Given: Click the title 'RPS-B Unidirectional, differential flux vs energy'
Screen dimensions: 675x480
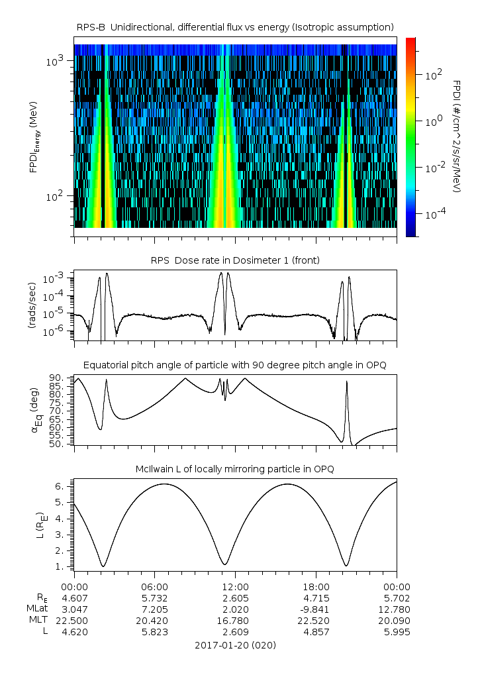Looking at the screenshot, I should click(235, 26).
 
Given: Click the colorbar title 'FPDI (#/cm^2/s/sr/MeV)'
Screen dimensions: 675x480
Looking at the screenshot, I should click(457, 136).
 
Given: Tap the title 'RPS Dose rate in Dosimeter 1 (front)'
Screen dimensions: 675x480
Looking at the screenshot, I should click(235, 260).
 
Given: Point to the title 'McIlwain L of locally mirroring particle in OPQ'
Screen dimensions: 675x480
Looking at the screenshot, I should click(235, 469).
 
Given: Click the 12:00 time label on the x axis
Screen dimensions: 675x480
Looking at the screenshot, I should click(235, 587).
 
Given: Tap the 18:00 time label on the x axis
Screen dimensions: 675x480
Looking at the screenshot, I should click(316, 587).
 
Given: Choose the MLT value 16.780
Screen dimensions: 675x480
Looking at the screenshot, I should click(235, 621).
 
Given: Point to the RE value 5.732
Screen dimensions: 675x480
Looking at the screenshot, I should click(155, 598).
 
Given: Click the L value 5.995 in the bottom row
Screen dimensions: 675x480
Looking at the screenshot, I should click(397, 632).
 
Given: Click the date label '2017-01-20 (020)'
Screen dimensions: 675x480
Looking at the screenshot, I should click(235, 645).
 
